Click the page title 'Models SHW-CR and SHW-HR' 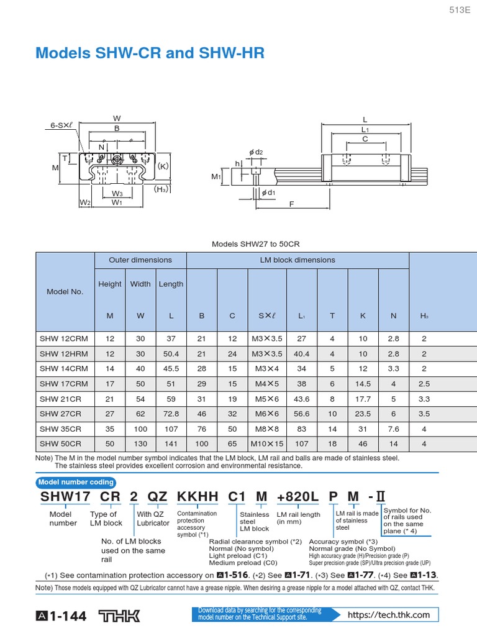[150, 54]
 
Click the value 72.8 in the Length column [171, 413]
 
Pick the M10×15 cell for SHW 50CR [266, 443]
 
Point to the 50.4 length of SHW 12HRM [171, 353]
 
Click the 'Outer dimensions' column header [140, 260]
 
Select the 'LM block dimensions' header [297, 260]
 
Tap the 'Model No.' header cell [65, 291]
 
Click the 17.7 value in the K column [363, 399]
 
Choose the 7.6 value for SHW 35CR [393, 429]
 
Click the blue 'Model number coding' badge [76, 482]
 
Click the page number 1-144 [61, 616]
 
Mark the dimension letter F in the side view [291, 204]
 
